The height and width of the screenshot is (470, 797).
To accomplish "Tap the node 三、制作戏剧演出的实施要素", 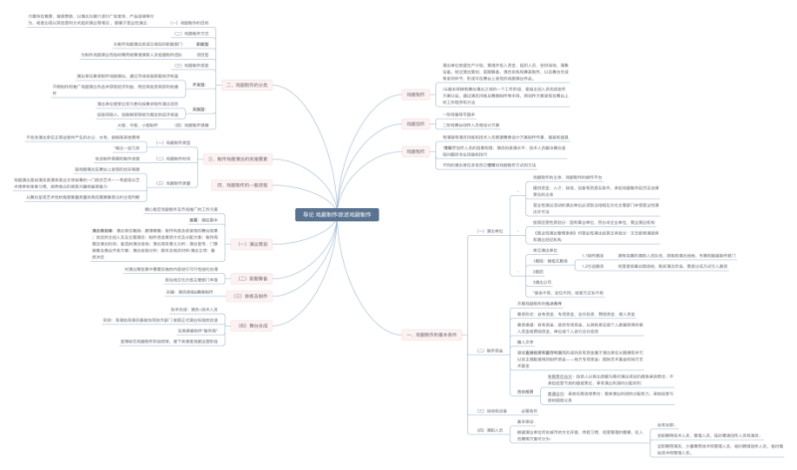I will tap(242, 159).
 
